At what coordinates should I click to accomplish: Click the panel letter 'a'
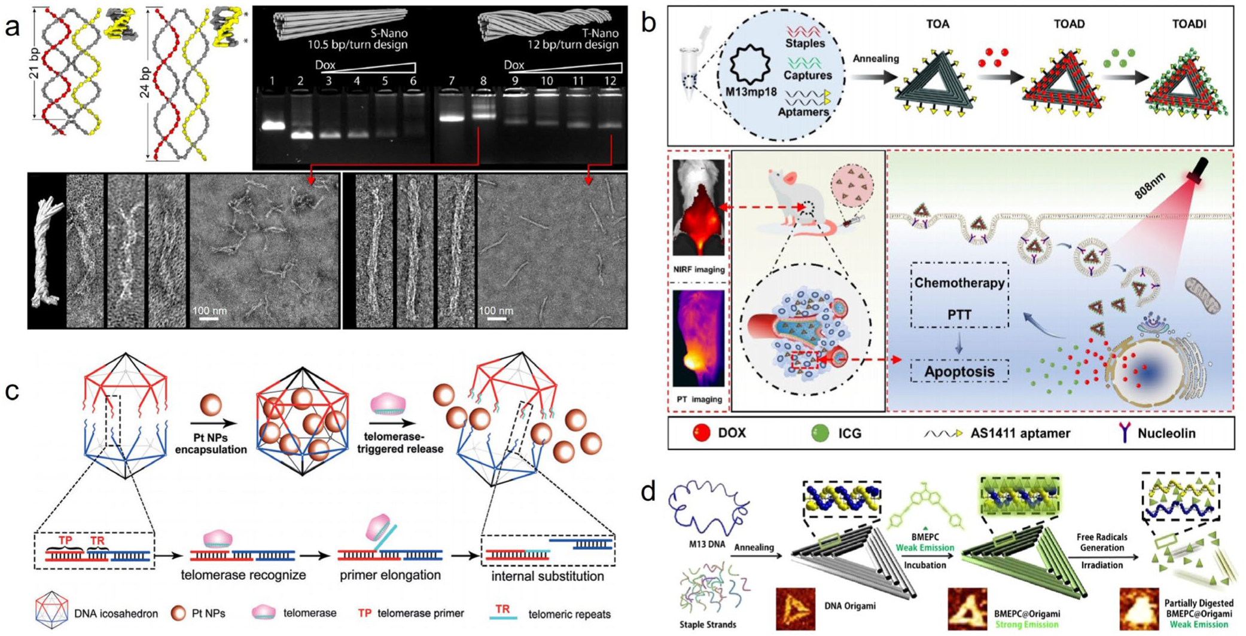pos(12,27)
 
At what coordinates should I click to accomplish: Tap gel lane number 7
pos(452,81)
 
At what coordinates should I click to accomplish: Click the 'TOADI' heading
pos(1189,24)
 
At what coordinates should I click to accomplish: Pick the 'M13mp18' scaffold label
pos(751,92)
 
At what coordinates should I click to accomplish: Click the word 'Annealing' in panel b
pos(876,59)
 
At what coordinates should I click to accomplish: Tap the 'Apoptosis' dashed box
pos(959,371)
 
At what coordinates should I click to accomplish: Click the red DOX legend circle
pos(701,433)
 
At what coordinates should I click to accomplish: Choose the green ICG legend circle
pos(820,433)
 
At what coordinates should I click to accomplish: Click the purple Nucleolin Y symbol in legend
pos(1125,432)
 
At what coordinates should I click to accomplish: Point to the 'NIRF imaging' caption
pos(699,270)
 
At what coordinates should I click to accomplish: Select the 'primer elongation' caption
pos(390,575)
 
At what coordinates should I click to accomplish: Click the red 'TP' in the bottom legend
pos(365,613)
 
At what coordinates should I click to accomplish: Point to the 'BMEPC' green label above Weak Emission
pos(925,537)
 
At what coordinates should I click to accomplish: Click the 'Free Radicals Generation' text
pos(1102,542)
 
